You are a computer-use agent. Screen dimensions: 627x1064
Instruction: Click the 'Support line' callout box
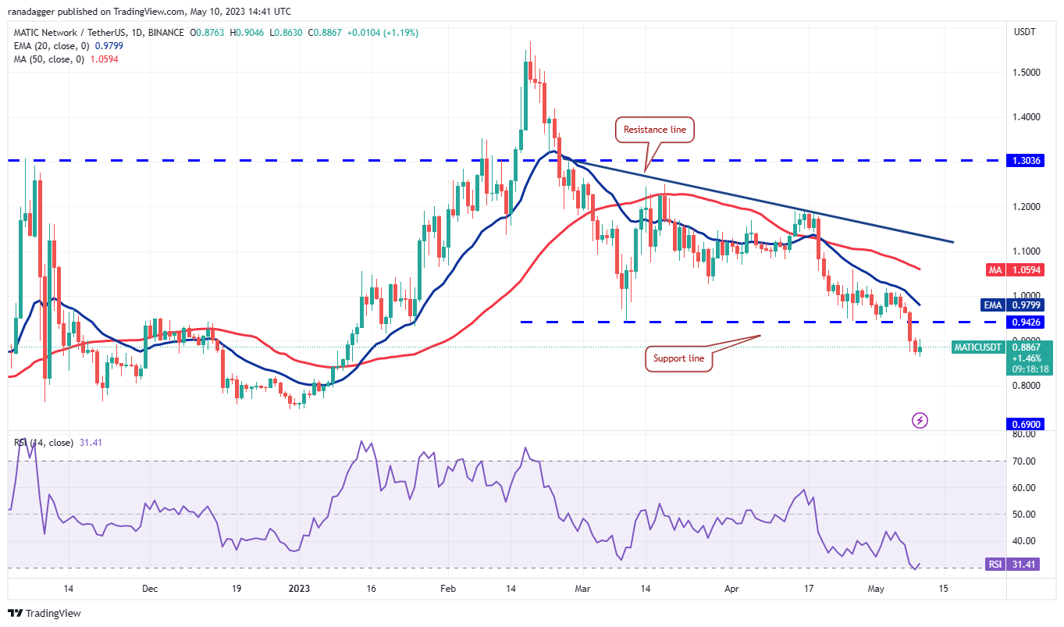(x=678, y=359)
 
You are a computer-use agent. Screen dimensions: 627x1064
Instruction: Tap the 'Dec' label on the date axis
(x=151, y=589)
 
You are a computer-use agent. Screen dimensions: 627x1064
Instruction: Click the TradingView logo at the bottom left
(x=45, y=614)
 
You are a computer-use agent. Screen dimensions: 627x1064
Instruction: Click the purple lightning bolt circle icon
(x=920, y=421)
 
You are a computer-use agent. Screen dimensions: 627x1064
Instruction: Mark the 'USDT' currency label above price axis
(x=1025, y=33)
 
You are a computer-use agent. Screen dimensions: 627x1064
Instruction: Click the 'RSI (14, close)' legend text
(x=44, y=443)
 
